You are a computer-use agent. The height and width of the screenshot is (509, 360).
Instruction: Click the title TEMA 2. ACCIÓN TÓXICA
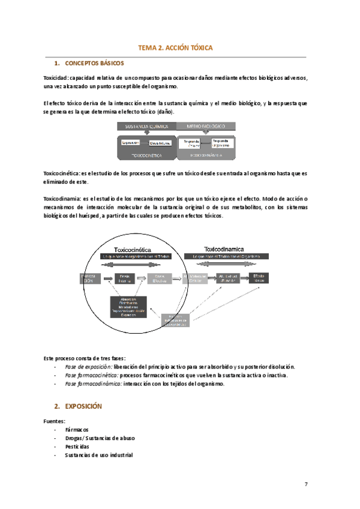pyautogui.click(x=175, y=47)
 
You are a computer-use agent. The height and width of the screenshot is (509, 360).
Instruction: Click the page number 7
pyautogui.click(x=306, y=484)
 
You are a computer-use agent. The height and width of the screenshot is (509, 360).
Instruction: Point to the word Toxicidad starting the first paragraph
pyautogui.click(x=55, y=78)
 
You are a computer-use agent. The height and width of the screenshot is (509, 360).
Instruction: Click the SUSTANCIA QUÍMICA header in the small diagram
pyautogui.click(x=146, y=127)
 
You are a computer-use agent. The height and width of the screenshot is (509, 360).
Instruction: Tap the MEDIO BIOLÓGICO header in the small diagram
pyautogui.click(x=206, y=127)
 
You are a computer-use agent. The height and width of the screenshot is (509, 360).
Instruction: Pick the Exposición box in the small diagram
pyautogui.click(x=131, y=142)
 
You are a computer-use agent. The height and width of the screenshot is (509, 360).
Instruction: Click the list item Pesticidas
pyautogui.click(x=77, y=447)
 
